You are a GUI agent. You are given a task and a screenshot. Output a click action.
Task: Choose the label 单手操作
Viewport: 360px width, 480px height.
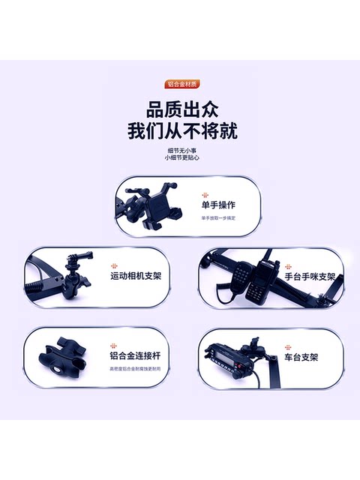pos(218,204)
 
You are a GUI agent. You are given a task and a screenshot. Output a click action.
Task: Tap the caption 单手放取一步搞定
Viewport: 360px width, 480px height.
pos(217,218)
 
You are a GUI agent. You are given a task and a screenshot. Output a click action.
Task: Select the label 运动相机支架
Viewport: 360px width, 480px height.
pos(136,276)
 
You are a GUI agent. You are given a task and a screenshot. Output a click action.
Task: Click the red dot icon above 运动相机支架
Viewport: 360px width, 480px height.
pos(114,265)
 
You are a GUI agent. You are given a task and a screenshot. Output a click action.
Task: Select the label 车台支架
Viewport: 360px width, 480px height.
pos(301,358)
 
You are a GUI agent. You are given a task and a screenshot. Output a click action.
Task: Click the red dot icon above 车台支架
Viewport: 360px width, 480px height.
pos(287,346)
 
